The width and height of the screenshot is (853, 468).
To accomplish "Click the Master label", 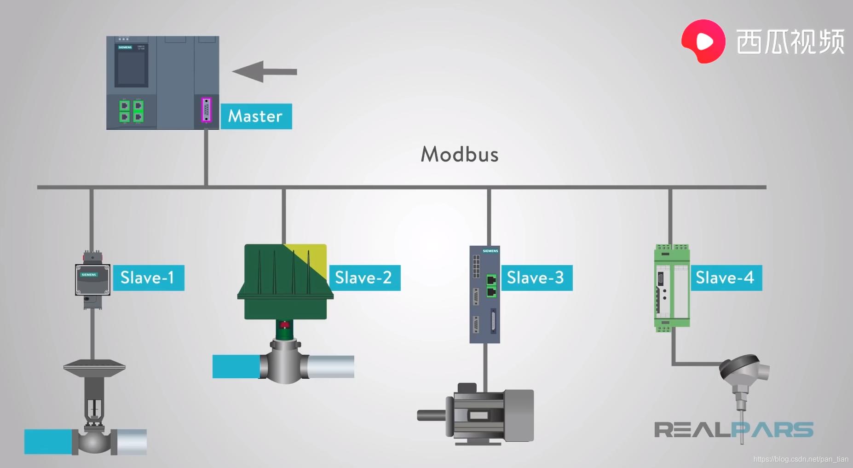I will coord(256,116).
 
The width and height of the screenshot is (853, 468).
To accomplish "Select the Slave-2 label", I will coord(364,278).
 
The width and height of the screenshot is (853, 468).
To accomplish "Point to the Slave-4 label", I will coord(726,278).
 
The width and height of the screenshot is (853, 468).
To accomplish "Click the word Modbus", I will coord(460,155).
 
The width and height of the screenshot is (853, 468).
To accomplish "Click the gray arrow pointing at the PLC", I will coord(264,72).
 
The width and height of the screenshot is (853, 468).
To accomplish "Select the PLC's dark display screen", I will coord(131,67).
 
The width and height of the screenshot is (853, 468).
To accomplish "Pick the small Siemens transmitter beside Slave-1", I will coord(92,279).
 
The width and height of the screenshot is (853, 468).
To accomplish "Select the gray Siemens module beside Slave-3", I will coord(484,295).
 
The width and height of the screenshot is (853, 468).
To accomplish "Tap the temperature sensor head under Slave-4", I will coord(743,370).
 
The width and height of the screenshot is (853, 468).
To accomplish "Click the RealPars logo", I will coord(733,430).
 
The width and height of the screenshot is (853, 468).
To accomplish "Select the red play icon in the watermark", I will coord(703,41).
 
